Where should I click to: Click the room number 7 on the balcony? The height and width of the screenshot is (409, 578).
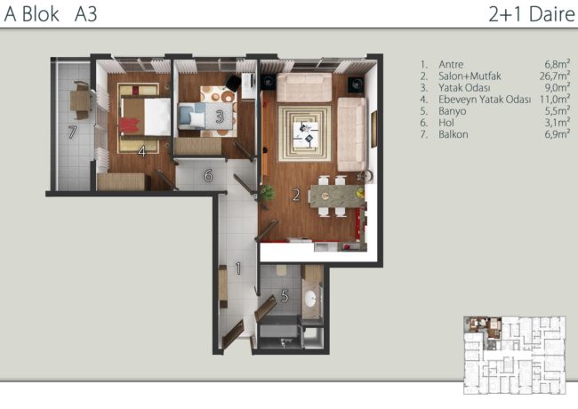72,132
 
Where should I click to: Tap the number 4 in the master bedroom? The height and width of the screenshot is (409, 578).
142,151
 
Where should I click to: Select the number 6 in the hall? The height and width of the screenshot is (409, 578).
209,176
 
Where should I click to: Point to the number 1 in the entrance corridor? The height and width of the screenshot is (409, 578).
238,269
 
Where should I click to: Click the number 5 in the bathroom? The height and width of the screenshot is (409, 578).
285,295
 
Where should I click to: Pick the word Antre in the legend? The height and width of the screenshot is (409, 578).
451,65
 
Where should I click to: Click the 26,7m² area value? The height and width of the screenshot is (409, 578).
555,76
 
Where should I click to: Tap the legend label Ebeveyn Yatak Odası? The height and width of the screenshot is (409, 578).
485,100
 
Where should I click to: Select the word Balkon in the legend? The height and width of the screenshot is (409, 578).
453,134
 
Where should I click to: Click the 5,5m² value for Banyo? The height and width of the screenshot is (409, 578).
558,111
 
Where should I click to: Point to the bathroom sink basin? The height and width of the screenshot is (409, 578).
310,298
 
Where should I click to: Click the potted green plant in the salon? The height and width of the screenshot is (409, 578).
267,192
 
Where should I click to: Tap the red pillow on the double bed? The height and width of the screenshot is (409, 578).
129,125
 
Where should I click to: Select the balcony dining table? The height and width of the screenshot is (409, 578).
80,100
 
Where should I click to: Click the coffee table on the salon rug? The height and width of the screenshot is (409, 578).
306,135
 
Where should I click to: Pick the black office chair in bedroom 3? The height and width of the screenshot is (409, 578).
233,82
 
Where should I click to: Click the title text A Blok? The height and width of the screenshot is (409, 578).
32,14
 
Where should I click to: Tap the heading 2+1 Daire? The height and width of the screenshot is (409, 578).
532,14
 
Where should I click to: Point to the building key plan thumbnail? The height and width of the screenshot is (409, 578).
515,355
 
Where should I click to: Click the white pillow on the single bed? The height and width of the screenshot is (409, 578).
197,118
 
